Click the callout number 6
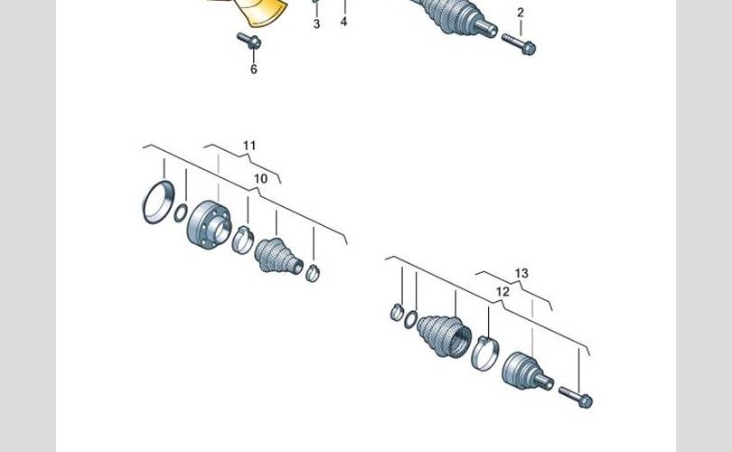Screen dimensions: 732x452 tap(254, 69)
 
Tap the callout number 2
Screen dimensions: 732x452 tap(521, 13)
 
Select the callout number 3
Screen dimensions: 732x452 tap(316, 24)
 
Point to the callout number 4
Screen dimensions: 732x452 tap(343, 22)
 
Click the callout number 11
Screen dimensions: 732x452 tap(249, 146)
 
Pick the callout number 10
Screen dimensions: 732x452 tap(260, 178)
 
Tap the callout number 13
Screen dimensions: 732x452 tap(521, 273)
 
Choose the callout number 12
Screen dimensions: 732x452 tap(502, 292)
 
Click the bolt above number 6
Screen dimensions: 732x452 tap(249, 41)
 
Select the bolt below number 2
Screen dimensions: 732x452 tap(519, 44)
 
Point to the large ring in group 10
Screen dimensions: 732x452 tap(158, 202)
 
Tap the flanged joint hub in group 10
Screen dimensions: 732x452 tap(209, 223)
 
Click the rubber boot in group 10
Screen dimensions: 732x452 tap(278, 257)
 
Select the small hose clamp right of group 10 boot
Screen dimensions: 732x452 tap(313, 273)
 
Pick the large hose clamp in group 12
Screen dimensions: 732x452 tap(485, 352)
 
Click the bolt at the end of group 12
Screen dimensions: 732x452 tap(576, 397)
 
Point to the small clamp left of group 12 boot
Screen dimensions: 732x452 tap(397, 312)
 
